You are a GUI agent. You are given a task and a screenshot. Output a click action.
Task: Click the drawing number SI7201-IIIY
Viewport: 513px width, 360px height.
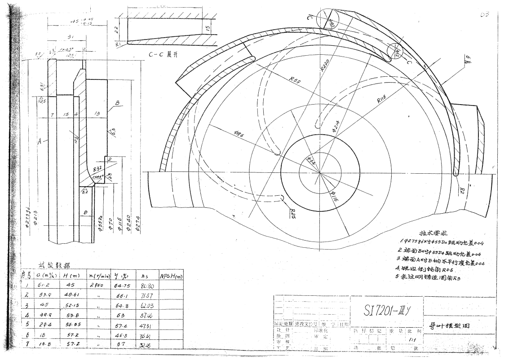(386, 309)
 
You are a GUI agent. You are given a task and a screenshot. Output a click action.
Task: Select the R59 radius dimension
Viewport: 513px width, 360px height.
(295, 81)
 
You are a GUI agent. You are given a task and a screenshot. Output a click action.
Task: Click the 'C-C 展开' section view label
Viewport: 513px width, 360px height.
(164, 55)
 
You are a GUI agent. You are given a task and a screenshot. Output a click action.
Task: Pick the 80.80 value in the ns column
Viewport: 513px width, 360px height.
(147, 285)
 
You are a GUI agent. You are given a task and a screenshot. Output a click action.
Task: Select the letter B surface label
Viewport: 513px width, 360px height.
(118, 103)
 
